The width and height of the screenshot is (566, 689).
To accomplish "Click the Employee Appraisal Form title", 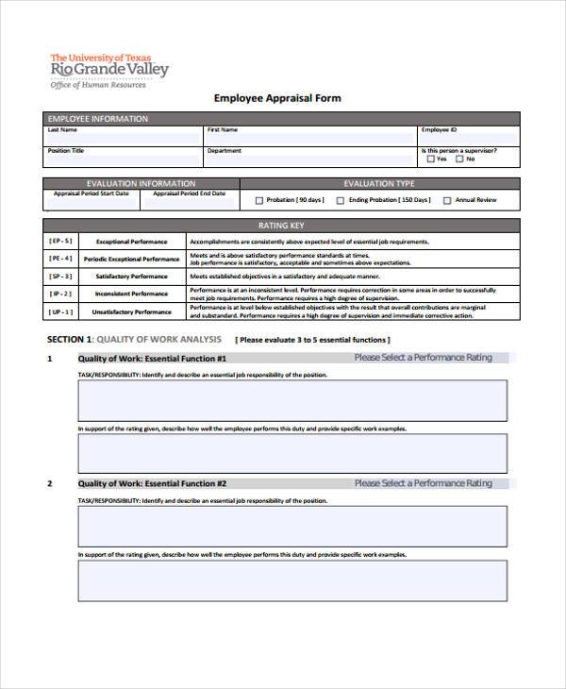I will [277, 97].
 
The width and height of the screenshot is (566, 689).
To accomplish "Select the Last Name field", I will [122, 137].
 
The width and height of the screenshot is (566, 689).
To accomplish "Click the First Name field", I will [308, 137].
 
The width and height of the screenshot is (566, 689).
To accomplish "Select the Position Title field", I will [122, 159].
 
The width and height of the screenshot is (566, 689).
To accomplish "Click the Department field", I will [308, 159].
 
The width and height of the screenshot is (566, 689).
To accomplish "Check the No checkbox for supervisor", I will [459, 160].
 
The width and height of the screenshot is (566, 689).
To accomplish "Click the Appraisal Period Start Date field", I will [92, 202].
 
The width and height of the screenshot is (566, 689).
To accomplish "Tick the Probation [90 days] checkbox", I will [259, 200].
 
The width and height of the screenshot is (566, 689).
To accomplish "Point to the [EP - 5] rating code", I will [60, 242].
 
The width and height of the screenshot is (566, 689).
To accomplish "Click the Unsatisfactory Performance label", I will [133, 311].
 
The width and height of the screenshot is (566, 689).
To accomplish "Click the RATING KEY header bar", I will [281, 227].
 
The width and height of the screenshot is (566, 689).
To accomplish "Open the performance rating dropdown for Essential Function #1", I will [423, 358].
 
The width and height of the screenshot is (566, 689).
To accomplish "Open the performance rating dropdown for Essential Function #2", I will [423, 483].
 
